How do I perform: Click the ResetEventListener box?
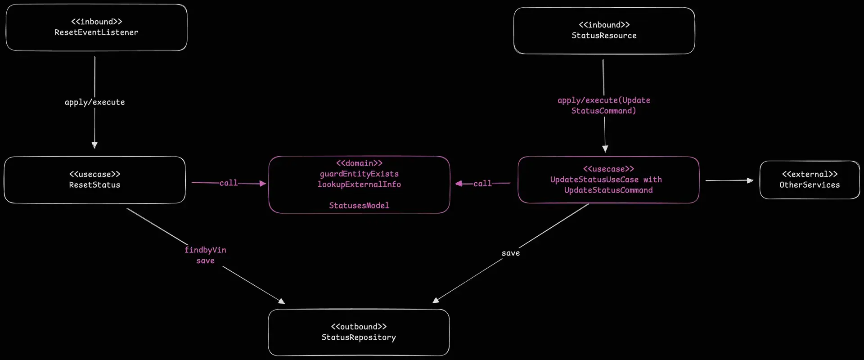tap(96, 27)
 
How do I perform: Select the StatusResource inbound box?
tap(604, 31)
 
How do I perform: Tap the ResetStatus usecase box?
tap(94, 180)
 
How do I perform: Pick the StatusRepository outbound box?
tap(359, 332)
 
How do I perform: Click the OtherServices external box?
tap(810, 180)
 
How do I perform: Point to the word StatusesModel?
tap(359, 206)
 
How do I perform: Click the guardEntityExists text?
tap(359, 174)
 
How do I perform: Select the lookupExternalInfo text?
tap(359, 184)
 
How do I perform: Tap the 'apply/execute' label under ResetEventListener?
tap(94, 102)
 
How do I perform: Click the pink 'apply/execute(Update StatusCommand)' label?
tap(604, 106)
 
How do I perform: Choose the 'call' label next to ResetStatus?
tap(229, 183)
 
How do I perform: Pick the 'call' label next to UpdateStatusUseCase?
tap(482, 184)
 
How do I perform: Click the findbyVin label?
tap(205, 250)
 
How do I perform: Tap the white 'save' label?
tap(511, 253)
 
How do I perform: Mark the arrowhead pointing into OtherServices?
tap(750, 180)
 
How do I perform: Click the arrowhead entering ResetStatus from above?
tap(94, 145)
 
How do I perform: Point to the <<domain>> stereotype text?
tap(359, 163)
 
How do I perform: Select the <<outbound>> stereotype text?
tap(359, 327)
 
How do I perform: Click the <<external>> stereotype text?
tap(810, 174)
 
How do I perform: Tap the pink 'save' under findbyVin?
tap(205, 261)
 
